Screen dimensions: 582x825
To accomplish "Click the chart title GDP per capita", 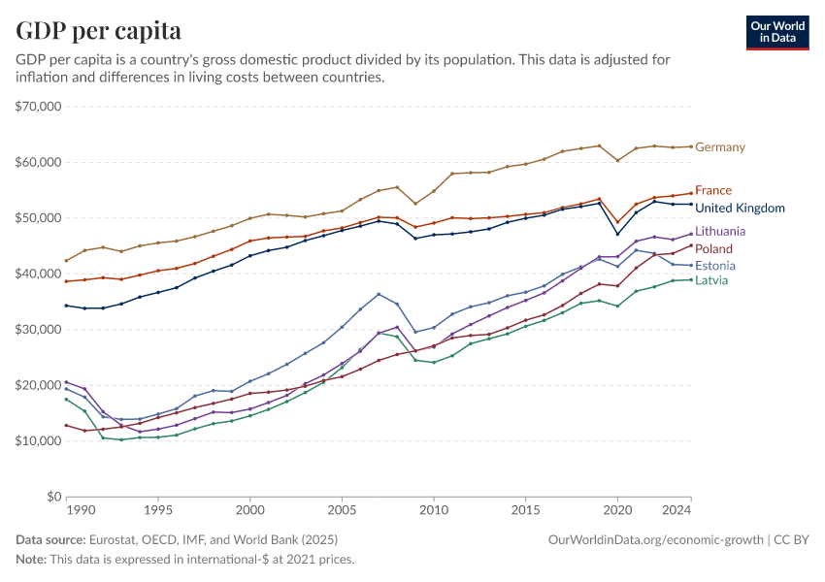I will click(98, 31).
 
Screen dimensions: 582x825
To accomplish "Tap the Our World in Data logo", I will click(776, 32).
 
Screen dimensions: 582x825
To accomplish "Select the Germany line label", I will click(720, 147).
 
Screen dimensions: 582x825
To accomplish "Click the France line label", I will click(713, 191).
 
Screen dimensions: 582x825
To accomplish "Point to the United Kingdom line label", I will click(740, 209).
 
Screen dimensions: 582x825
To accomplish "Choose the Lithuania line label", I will click(720, 232).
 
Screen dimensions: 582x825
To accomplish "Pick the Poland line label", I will click(713, 249).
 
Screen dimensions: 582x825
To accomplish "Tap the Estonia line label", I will click(715, 266).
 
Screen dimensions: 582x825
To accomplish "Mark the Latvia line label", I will click(711, 281).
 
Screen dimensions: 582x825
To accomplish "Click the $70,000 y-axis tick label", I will click(40, 107).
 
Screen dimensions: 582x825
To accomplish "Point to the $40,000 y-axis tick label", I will click(40, 274).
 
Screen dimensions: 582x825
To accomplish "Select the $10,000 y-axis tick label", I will click(40, 441).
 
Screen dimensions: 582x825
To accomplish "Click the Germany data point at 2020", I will click(617, 161).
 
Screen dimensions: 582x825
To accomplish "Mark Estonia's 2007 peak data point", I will click(379, 294).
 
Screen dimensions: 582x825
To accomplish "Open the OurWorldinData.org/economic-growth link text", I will click(657, 539).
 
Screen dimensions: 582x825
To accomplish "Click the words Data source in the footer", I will click(49, 539).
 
